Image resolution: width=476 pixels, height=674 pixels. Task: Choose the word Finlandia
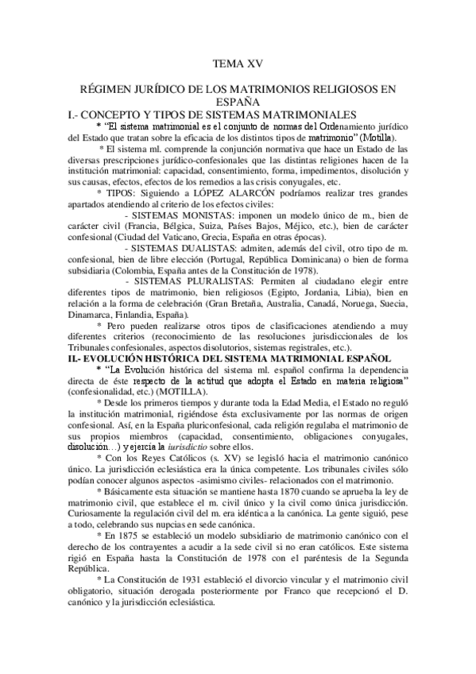tap(140, 314)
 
